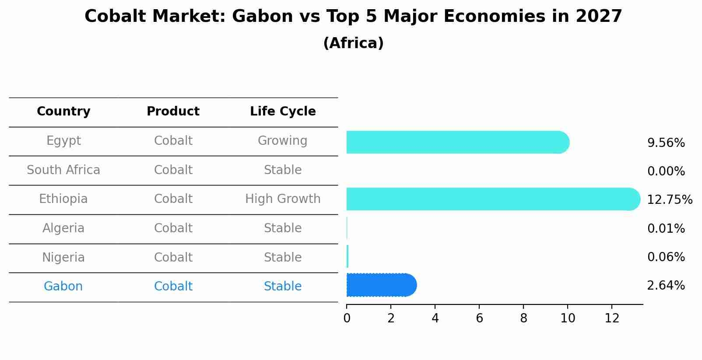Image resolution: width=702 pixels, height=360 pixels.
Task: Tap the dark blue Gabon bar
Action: tap(381, 285)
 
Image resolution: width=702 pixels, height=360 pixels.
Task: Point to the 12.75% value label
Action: tap(669, 200)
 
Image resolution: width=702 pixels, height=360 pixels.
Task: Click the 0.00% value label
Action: tap(666, 171)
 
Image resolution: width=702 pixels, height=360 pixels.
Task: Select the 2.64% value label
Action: tap(666, 286)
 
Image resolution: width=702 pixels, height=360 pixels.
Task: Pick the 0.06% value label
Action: tap(666, 257)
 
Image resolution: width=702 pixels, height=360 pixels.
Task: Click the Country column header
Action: tap(63, 112)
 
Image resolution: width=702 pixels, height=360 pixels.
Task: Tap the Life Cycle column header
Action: tap(283, 112)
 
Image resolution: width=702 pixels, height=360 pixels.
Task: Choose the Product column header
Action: tap(173, 112)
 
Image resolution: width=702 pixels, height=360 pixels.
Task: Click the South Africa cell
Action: tap(63, 170)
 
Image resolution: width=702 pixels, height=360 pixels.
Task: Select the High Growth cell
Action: tap(283, 199)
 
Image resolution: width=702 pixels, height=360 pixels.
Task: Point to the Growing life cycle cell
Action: tap(283, 141)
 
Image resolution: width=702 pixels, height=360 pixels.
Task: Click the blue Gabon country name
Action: tap(63, 287)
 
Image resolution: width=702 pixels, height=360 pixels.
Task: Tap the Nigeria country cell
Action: tap(63, 258)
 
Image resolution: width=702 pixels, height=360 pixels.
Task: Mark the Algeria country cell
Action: tap(63, 228)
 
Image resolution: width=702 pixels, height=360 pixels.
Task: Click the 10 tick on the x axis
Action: tap(568, 318)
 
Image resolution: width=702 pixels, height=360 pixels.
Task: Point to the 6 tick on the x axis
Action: tap(479, 318)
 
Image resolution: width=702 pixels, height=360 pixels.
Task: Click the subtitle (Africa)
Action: tap(353, 43)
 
